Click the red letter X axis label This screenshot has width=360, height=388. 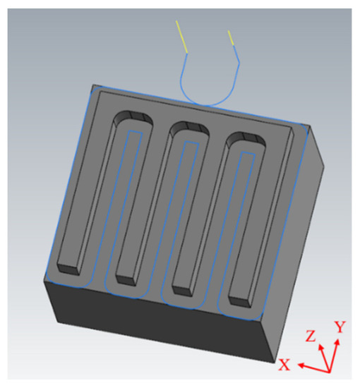(x=285, y=364)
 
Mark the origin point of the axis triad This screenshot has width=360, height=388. (x=327, y=371)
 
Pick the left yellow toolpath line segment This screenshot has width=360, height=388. (x=182, y=36)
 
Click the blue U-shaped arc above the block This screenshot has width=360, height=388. (x=209, y=97)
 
